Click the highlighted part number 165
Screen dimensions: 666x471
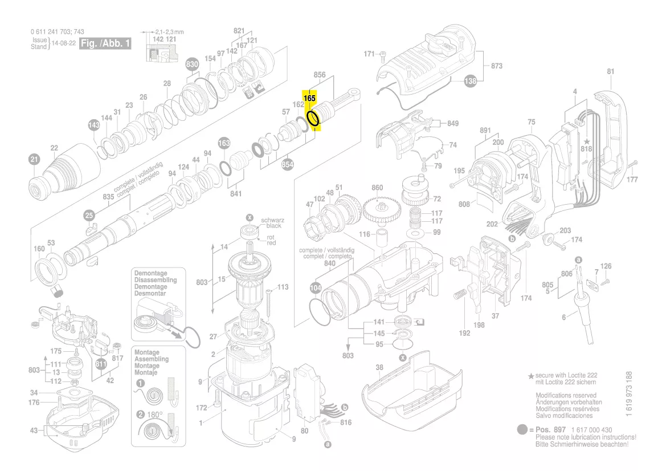tap(310, 98)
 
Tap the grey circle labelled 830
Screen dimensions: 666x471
tap(192, 64)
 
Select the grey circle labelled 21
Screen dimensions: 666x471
tap(34, 160)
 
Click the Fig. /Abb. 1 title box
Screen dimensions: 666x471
tap(105, 43)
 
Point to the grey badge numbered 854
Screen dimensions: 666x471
tap(288, 164)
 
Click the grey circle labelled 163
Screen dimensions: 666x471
tap(224, 143)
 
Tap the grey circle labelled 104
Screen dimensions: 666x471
tap(316, 288)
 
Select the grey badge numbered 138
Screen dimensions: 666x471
tap(470, 81)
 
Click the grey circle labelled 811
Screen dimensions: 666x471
tap(101, 364)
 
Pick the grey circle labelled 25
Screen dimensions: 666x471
tap(89, 215)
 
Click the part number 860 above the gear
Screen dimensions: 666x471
tap(377, 188)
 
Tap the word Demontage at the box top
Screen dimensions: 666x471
tap(151, 273)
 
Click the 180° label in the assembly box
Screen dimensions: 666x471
tap(154, 415)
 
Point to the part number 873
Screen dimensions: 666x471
tap(497, 66)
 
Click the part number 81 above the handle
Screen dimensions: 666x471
tap(610, 71)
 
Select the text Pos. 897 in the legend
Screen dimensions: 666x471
tap(551, 430)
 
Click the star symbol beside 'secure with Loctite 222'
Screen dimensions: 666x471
tap(531, 376)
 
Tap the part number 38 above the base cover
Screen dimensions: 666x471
tap(379, 367)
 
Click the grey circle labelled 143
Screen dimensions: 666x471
tap(94, 125)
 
